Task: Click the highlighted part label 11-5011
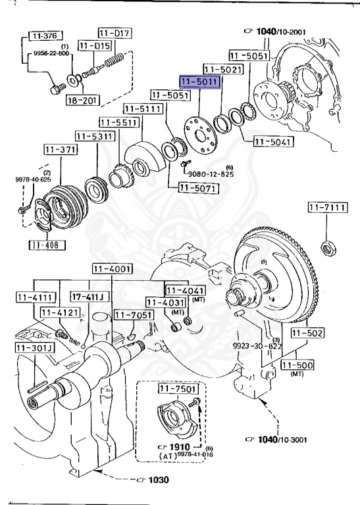(x=201, y=82)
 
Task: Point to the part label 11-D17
(x=116, y=32)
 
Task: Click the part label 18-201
(x=81, y=100)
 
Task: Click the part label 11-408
(x=43, y=245)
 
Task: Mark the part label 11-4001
(x=111, y=269)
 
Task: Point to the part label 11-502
(x=308, y=333)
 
